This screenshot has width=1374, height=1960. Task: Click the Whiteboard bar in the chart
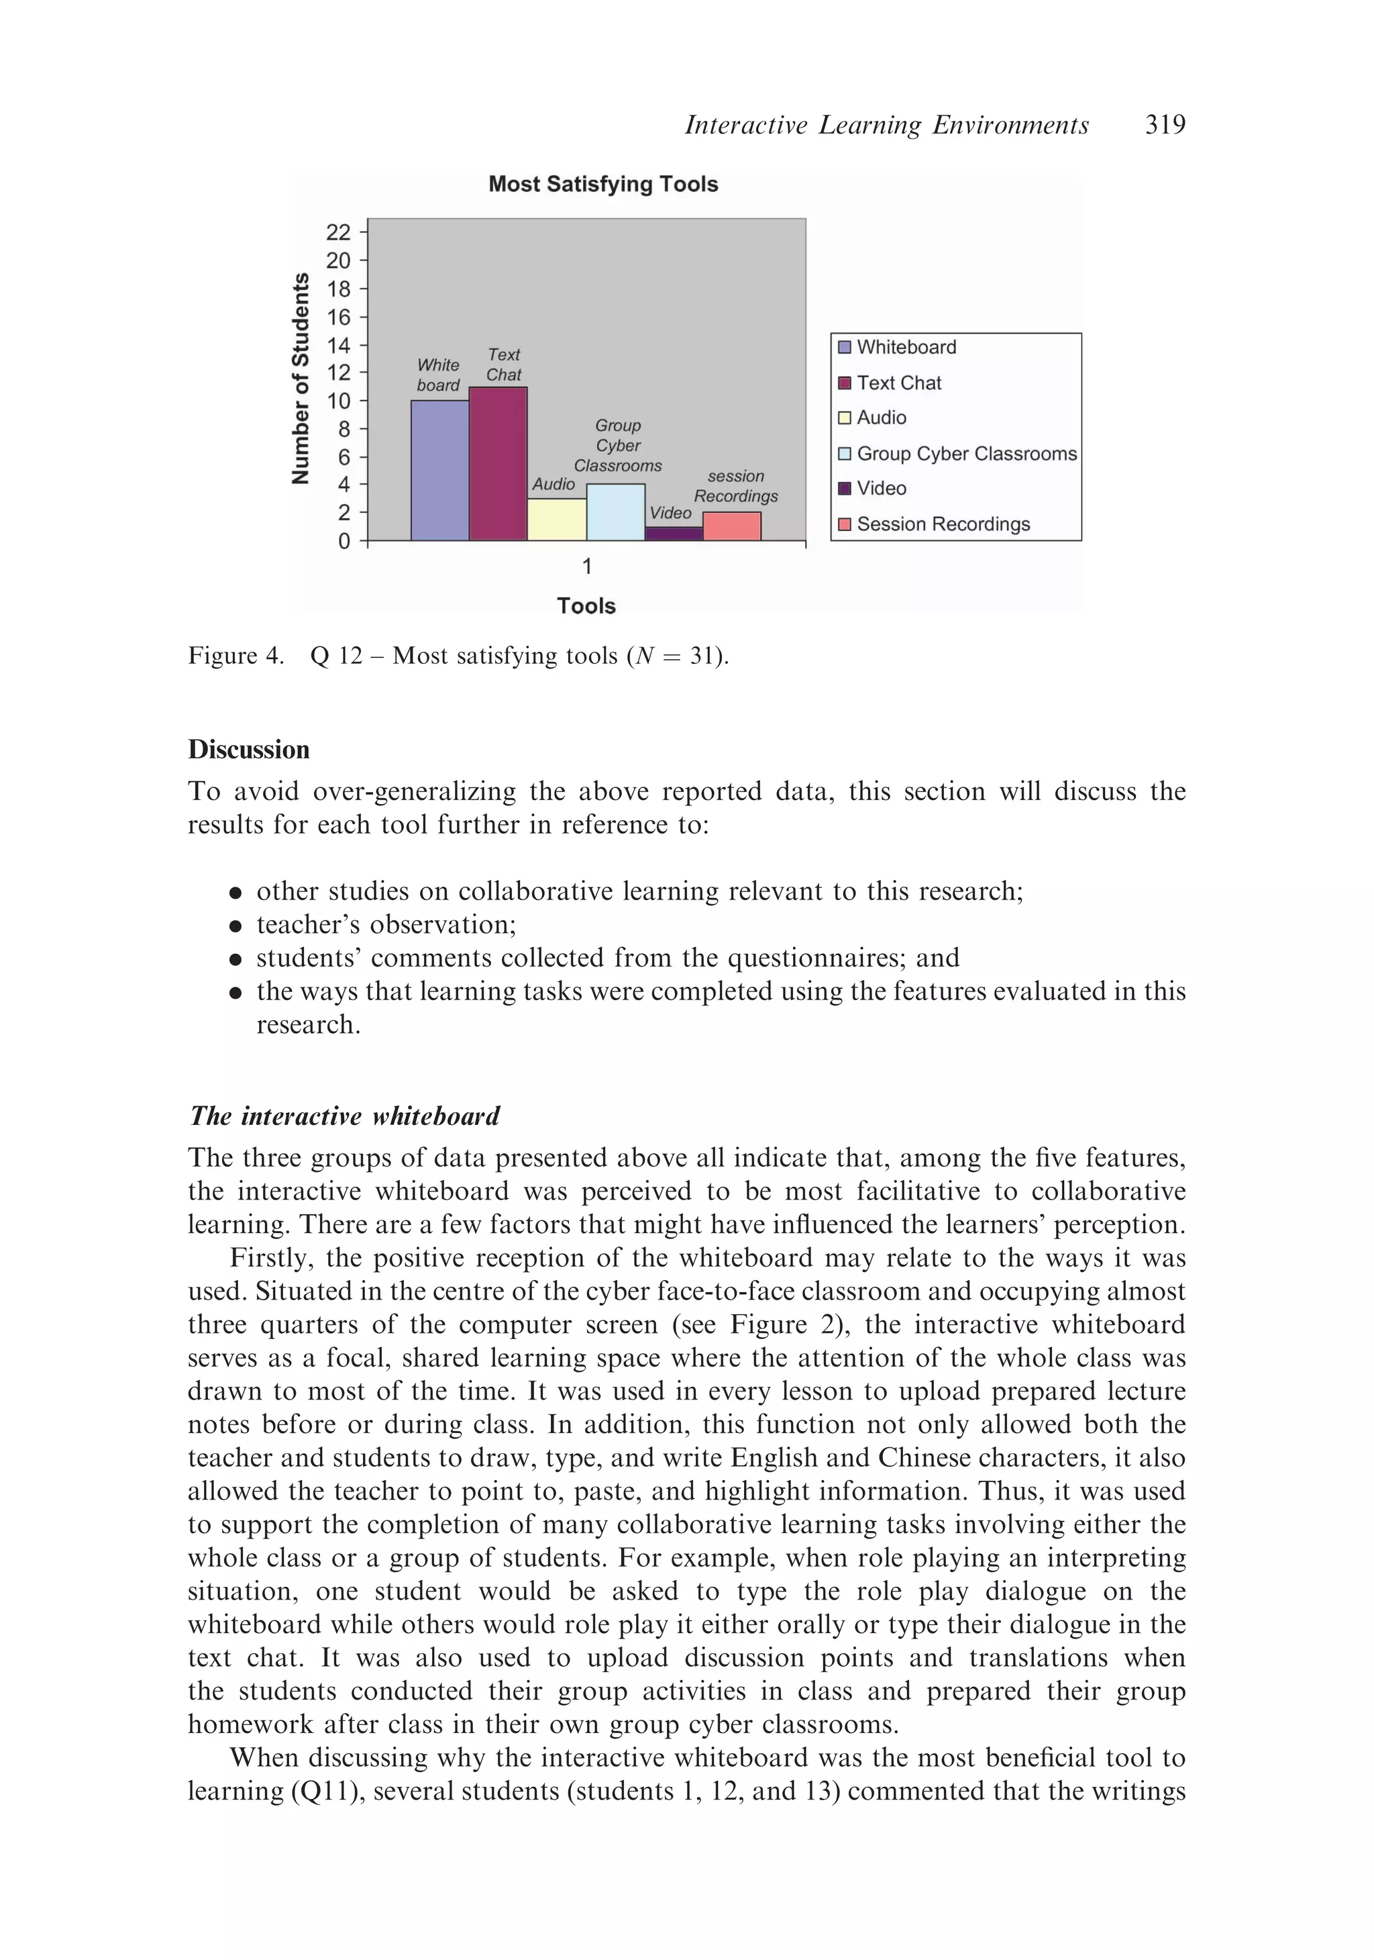439,471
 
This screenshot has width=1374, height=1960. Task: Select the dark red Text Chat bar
498,464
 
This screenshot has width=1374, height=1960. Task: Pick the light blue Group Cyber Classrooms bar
615,512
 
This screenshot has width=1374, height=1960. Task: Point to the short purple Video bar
674,534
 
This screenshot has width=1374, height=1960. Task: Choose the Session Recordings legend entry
942,524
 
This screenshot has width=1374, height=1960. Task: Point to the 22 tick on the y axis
338,232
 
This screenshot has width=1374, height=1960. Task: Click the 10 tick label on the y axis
338,400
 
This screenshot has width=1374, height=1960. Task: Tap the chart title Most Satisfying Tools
602,185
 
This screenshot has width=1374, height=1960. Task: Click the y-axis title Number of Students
301,378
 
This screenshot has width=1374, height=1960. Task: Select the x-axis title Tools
586,606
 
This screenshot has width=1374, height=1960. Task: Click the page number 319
1164,126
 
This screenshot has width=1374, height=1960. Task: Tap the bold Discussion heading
248,750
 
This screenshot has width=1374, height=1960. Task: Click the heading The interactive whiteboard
344,1116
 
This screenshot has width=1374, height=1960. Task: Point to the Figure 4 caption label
235,656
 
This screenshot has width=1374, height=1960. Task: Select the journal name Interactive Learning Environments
886,126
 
